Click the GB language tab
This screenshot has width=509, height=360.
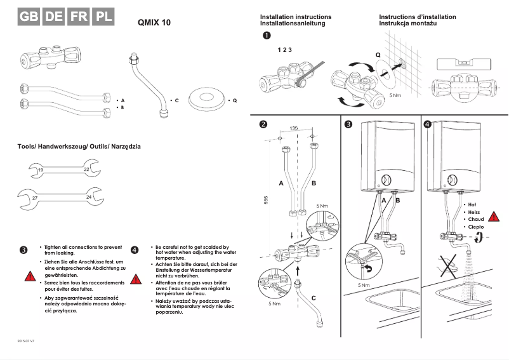[x=29, y=17]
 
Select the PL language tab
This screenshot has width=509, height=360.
[x=102, y=17]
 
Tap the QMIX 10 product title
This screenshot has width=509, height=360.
[x=154, y=22]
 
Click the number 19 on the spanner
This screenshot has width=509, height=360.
[x=41, y=170]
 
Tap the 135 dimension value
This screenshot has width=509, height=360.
[x=294, y=128]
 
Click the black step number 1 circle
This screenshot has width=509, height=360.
[x=267, y=36]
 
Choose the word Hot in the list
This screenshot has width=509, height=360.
[x=472, y=204]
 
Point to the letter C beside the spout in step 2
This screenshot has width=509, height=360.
[x=314, y=297]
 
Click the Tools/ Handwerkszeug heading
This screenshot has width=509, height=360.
[x=79, y=147]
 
